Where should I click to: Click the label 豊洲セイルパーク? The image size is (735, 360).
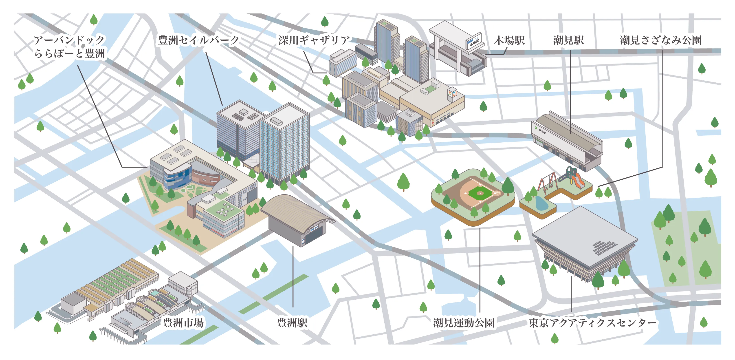[198, 40]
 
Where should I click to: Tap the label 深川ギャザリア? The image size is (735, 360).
[314, 40]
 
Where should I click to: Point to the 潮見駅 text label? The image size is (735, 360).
[568, 40]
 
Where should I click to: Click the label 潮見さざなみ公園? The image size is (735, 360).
[660, 40]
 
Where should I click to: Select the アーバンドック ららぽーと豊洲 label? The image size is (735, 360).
[69, 46]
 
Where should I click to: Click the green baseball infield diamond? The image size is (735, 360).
[480, 193]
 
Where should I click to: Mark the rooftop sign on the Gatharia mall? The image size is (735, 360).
[452, 93]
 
